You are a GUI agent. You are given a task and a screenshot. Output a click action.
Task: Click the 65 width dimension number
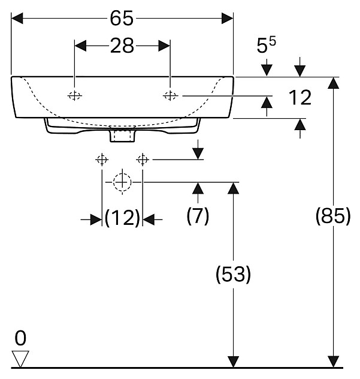click(122, 19)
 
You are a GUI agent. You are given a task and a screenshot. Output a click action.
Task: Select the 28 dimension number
click(122, 46)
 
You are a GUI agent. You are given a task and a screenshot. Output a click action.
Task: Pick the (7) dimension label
click(198, 216)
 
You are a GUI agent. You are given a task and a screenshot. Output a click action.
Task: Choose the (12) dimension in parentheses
click(122, 218)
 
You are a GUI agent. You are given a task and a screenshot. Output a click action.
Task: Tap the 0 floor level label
click(21, 339)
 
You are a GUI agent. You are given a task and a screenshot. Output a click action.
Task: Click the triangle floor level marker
click(22, 359)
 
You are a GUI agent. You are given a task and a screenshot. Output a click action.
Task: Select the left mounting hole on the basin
click(75, 95)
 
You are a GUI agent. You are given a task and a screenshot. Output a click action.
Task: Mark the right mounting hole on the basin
click(171, 95)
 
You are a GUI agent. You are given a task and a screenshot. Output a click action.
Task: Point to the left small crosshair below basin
click(101, 160)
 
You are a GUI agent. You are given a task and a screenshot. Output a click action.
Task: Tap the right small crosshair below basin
click(143, 160)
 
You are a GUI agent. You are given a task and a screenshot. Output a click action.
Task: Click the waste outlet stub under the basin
click(122, 137)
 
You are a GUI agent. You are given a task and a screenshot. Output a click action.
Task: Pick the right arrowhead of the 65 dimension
click(227, 19)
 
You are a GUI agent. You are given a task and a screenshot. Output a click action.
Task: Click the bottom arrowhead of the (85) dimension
click(332, 361)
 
